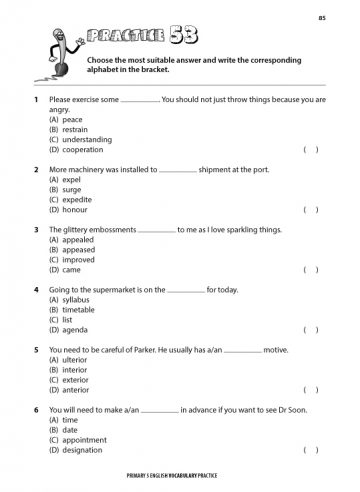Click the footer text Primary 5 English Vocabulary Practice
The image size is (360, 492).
click(181, 480)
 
